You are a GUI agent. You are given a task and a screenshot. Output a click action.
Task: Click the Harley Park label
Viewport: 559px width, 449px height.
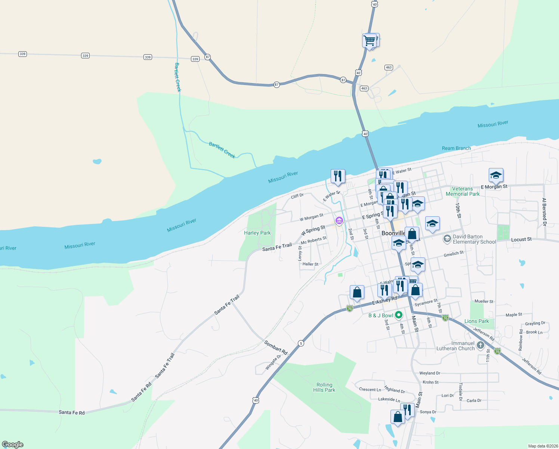257,233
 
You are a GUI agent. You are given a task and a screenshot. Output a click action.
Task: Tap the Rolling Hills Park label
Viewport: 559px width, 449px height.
324,387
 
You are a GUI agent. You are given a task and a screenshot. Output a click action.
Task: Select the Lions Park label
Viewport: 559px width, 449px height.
476,321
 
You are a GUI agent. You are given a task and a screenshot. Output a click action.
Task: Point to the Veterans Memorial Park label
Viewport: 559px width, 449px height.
463,191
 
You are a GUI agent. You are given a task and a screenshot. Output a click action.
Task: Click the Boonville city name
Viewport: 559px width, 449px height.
393,233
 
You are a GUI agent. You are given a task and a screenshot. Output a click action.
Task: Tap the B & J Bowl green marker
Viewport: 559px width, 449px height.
399,315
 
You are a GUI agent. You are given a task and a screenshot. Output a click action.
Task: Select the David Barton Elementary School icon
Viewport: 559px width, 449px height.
447,238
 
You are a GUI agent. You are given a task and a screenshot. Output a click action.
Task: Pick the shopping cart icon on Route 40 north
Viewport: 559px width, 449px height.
369,40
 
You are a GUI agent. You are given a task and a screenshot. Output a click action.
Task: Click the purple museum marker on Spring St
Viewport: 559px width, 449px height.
339,221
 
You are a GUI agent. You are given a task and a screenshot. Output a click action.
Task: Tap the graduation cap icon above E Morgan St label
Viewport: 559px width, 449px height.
496,175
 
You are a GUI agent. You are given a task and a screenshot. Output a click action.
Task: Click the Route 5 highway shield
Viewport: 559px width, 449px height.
301,343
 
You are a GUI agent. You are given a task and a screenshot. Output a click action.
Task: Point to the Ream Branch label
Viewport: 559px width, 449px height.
456,148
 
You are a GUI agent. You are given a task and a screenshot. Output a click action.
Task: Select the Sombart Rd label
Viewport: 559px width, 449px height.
276,348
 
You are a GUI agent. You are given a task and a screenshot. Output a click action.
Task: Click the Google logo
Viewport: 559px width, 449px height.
13,444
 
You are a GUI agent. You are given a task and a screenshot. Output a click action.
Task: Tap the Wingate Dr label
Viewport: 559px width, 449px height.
273,363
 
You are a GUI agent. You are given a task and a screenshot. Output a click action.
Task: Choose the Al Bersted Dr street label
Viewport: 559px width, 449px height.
544,212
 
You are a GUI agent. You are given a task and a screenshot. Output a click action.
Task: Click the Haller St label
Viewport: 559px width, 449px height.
310,264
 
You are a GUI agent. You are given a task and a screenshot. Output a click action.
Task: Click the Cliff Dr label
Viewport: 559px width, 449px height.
297,196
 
